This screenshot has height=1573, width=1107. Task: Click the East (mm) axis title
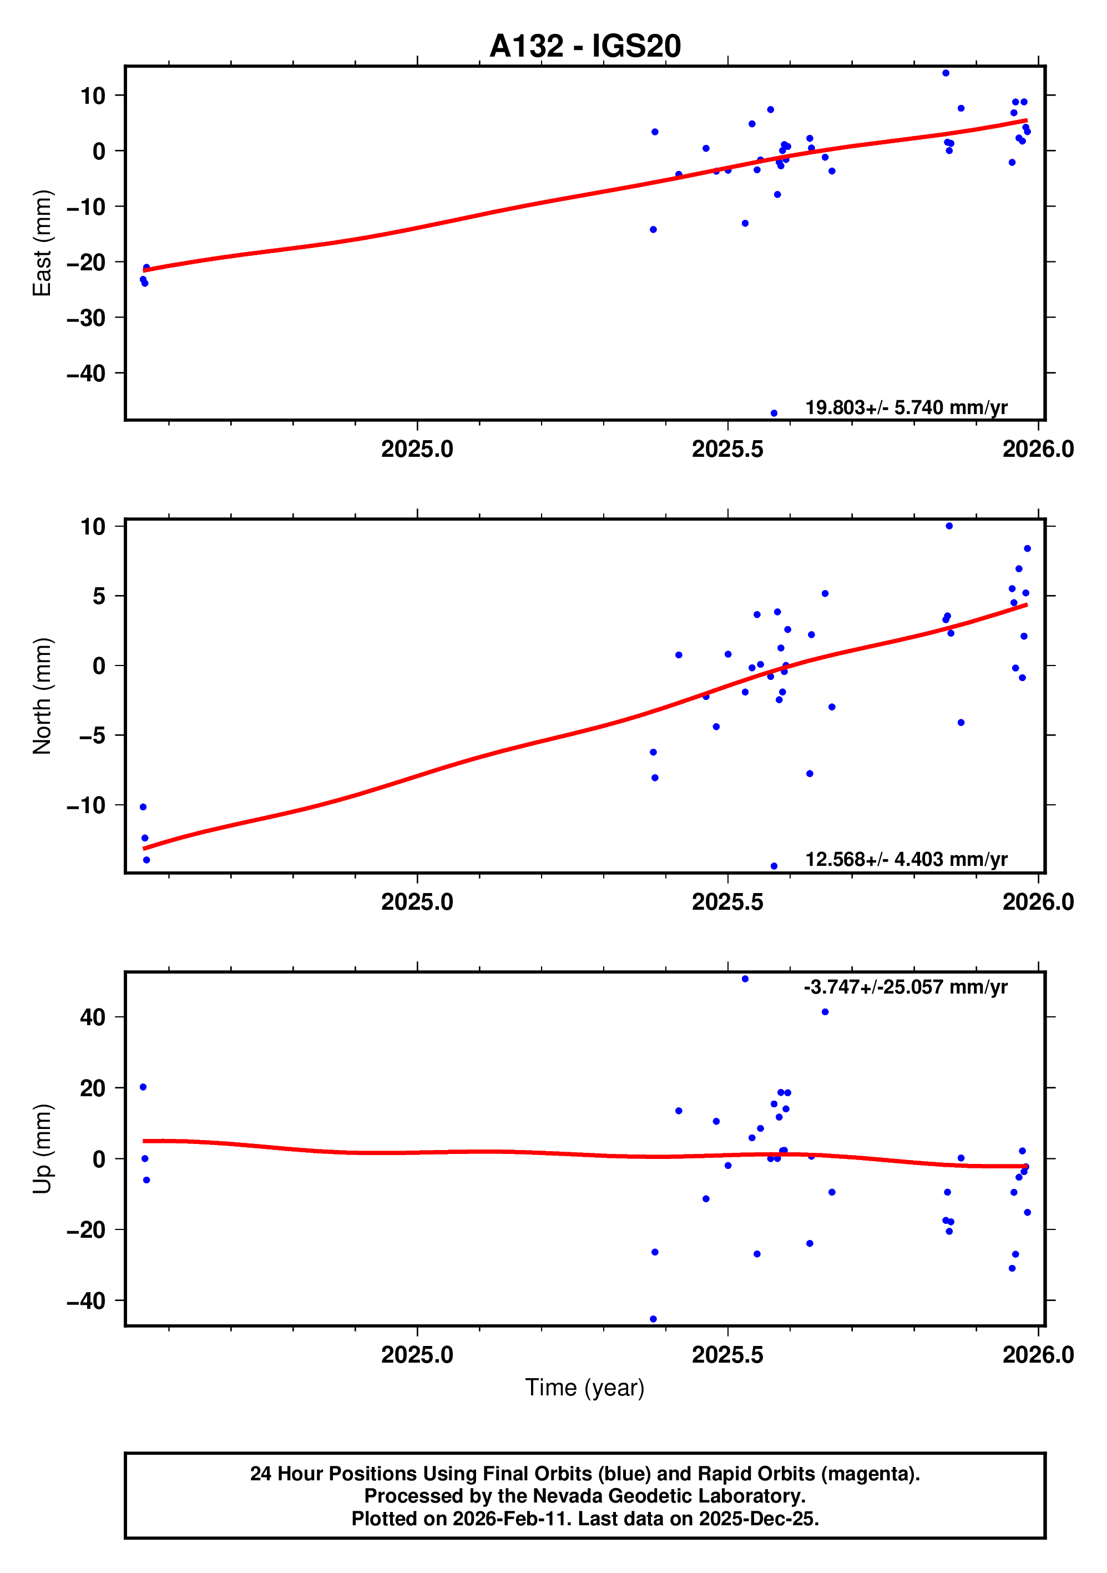point(43,243)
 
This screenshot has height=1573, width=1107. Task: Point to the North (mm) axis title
point(43,696)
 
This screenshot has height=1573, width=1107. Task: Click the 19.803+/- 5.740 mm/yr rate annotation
point(906,407)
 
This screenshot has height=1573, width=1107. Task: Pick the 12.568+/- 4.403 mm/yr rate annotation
point(906,859)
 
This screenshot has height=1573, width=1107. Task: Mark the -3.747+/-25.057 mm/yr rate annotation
point(905,987)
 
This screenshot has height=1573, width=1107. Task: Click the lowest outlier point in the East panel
point(774,413)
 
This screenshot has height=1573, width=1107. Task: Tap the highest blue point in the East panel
point(946,73)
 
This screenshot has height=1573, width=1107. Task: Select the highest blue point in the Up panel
point(745,979)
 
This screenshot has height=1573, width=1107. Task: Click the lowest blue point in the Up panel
point(653,1319)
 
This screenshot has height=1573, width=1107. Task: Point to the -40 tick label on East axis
point(87,374)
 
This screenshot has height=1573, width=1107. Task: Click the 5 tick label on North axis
point(99,596)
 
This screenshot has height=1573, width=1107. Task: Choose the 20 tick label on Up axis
point(93,1088)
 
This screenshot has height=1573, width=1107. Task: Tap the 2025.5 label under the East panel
point(727,450)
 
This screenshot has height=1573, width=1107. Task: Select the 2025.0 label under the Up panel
point(417,1355)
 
